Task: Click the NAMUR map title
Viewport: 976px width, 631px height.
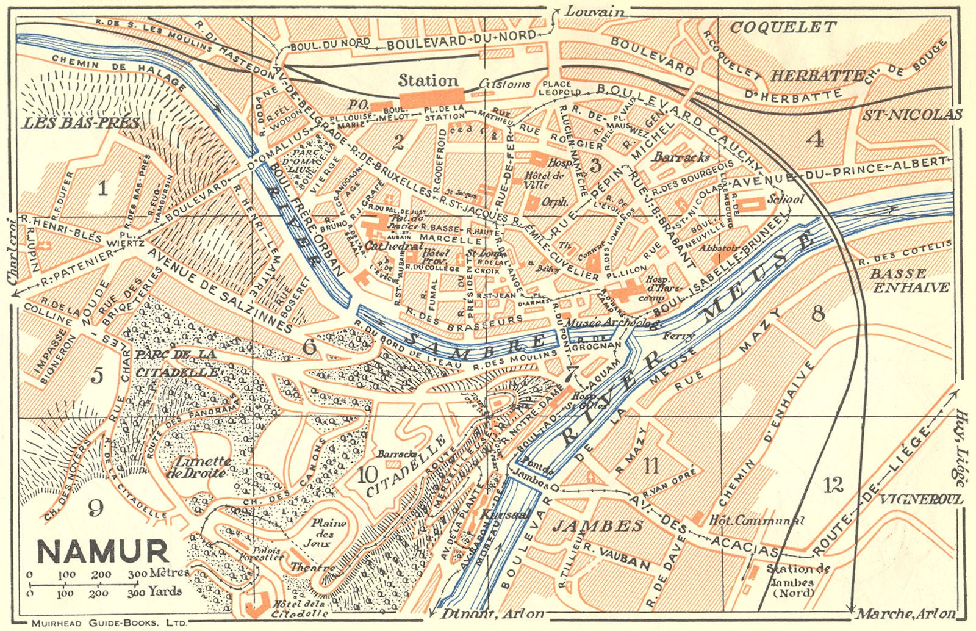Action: (x=102, y=551)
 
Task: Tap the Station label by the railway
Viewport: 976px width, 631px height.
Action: (x=428, y=81)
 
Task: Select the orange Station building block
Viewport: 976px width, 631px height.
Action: (x=431, y=98)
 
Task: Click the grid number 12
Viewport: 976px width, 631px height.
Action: (x=833, y=486)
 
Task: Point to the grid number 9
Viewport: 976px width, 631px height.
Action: (x=95, y=508)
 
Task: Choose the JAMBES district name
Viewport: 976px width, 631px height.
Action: (x=598, y=526)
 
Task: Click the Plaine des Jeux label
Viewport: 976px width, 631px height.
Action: (x=328, y=532)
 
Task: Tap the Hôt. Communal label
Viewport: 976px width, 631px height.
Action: (x=756, y=521)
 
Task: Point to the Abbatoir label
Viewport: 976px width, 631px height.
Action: (x=719, y=248)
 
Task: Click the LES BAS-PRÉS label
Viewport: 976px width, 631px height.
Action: (x=81, y=123)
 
